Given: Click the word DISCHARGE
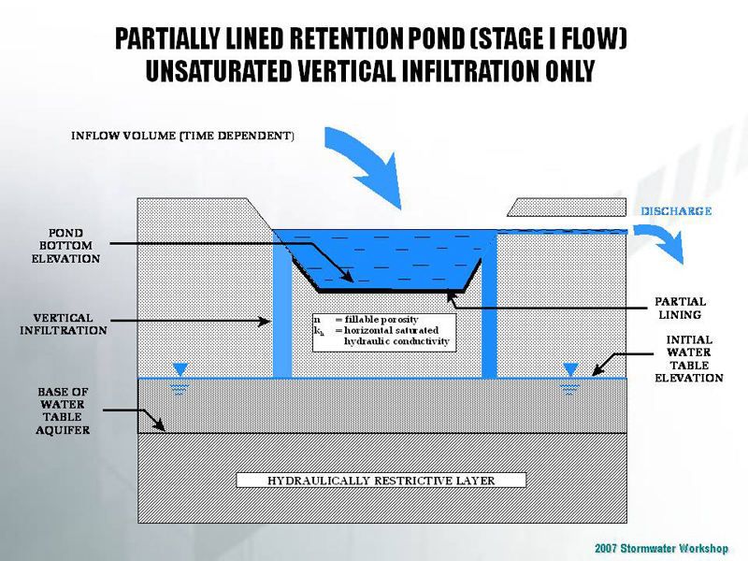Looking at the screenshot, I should [676, 211].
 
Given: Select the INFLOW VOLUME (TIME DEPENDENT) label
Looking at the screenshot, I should [183, 136].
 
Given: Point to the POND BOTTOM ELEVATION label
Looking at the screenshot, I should [65, 244].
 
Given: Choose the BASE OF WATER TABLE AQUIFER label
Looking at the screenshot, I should [64, 410].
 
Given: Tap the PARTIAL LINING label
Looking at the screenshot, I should [680, 309].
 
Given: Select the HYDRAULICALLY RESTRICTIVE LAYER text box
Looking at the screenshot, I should [381, 481].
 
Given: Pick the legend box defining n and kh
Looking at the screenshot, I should [383, 331].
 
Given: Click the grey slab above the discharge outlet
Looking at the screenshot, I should [566, 207].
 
